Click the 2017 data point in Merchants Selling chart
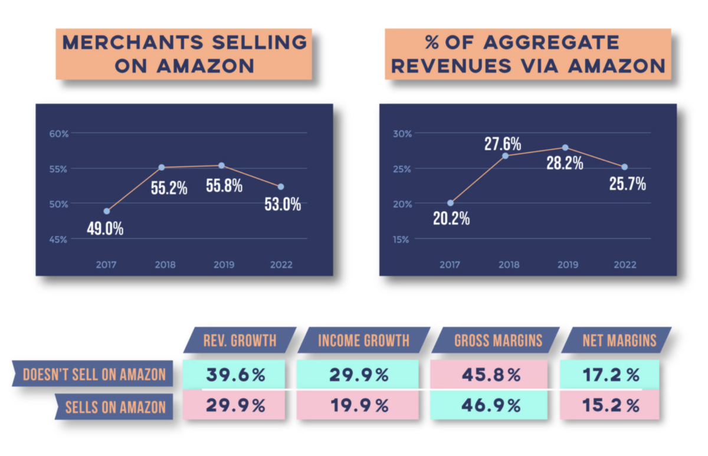coord(106,211)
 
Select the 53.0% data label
coord(281,205)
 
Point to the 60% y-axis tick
coord(59,133)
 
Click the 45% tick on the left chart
coord(59,239)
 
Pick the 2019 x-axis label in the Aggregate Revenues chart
coord(567,264)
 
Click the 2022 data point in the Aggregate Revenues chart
coord(624,167)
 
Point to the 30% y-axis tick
coord(402,133)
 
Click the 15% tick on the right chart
coord(402,239)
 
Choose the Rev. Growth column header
coord(240,340)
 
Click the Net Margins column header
coord(619,340)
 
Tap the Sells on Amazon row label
coord(116,406)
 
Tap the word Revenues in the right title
coord(461,65)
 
